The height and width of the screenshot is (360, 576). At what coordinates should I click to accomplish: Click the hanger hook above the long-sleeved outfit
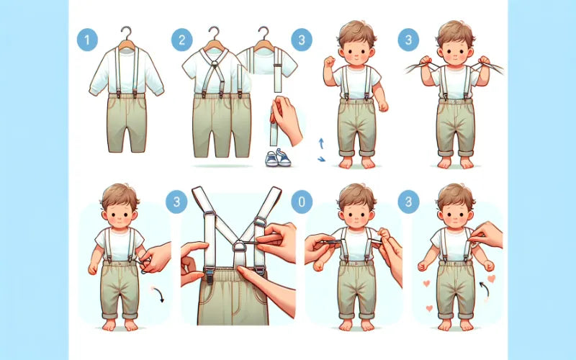(127, 33)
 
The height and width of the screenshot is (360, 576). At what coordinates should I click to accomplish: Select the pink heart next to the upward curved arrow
(491, 278)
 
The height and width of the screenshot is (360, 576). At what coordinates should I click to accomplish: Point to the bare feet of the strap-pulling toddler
(455, 163)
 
